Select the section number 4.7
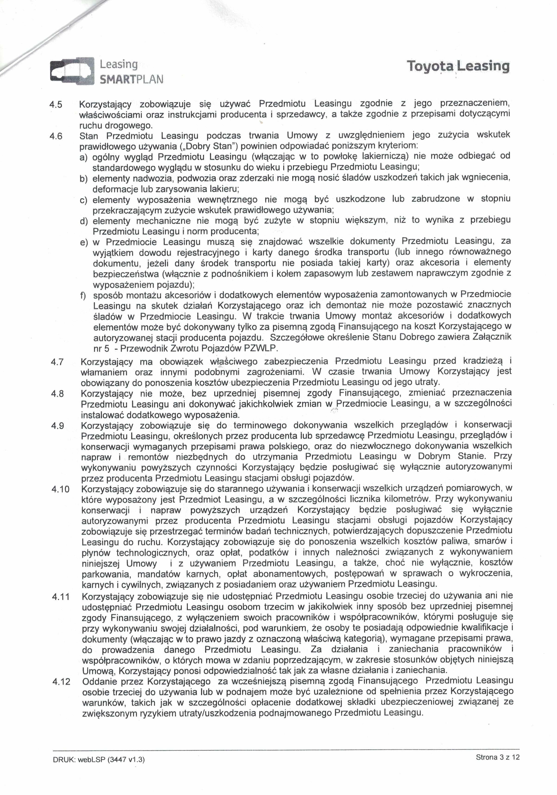point(58,362)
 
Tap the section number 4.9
point(58,426)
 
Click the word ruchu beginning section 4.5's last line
point(91,125)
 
